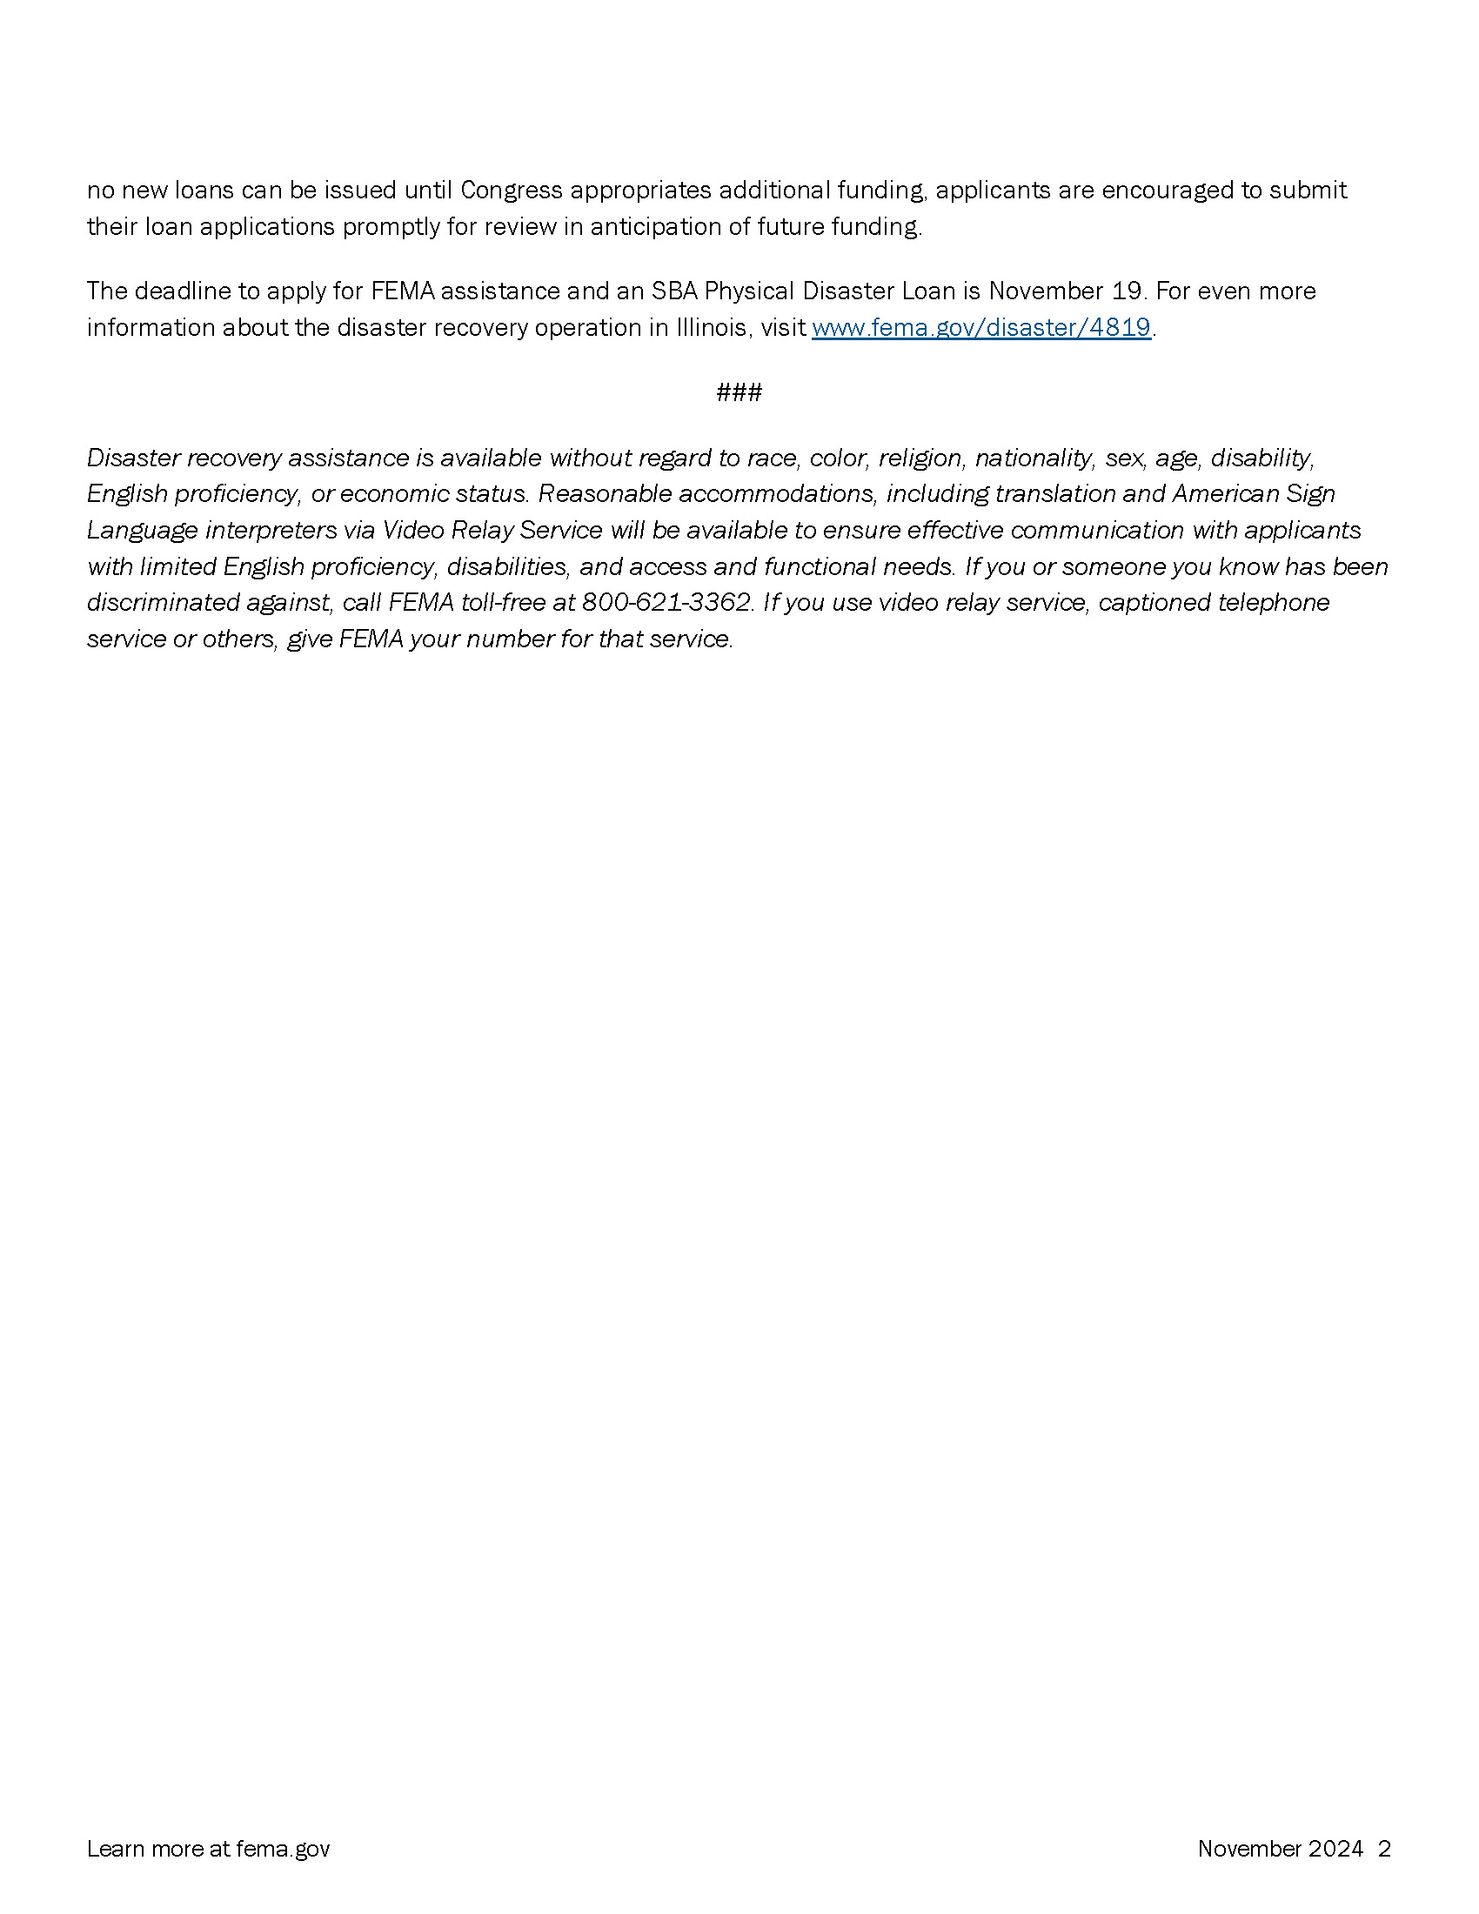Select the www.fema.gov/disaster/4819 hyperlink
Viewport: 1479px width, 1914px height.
click(980, 328)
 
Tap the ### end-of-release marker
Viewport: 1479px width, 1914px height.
click(739, 392)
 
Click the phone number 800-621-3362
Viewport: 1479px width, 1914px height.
click(666, 603)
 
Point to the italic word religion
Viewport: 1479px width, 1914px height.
click(918, 458)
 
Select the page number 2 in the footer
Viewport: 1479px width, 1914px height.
click(1384, 1849)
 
